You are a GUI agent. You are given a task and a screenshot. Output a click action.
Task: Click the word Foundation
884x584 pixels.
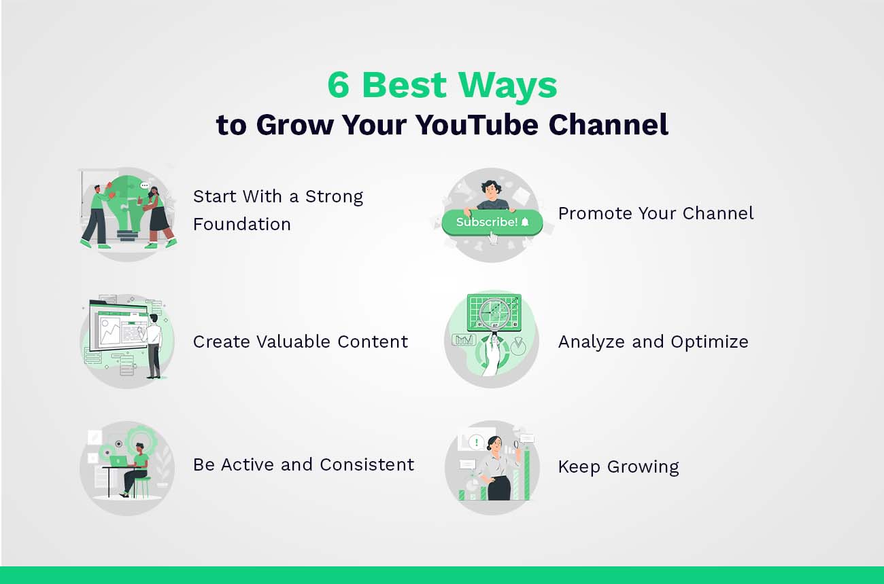click(242, 224)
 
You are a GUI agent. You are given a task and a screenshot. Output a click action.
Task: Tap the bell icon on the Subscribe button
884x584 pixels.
click(524, 222)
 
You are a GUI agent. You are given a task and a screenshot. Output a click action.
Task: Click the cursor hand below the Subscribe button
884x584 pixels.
click(493, 238)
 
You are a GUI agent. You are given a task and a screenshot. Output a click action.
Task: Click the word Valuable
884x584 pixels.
click(301, 342)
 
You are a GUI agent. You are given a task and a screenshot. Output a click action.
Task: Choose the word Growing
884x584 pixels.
click(643, 467)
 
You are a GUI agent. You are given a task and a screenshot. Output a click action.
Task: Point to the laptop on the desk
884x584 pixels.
click(118, 461)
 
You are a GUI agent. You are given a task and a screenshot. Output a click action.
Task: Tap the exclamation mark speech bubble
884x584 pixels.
click(476, 443)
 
